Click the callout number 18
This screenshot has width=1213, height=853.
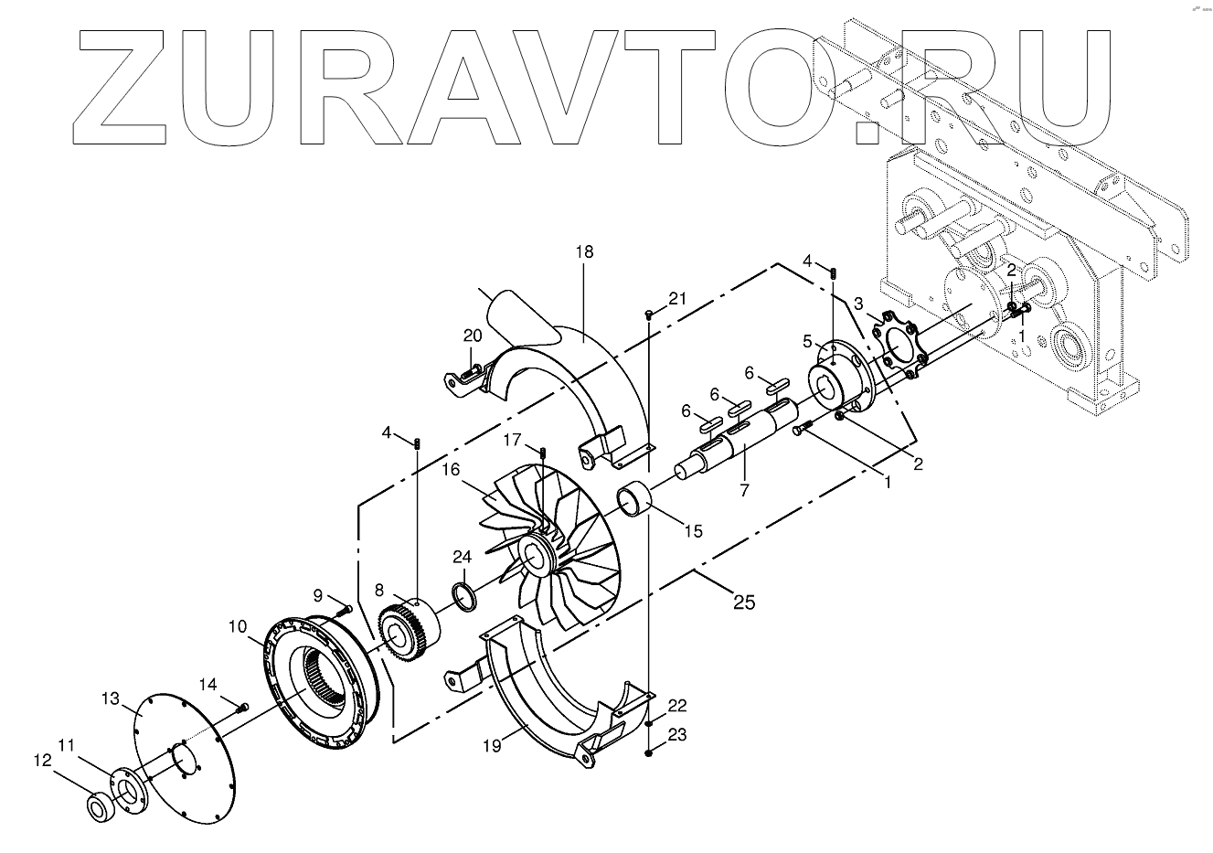click(x=584, y=252)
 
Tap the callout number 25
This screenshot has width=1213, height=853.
click(x=745, y=602)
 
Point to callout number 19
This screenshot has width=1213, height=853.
click(x=493, y=747)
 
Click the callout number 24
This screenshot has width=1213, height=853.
click(x=463, y=556)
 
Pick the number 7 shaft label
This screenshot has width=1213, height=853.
click(x=744, y=490)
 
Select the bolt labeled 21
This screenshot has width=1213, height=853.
click(x=648, y=315)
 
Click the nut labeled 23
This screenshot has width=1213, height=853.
click(x=648, y=752)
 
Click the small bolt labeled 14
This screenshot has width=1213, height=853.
click(x=242, y=706)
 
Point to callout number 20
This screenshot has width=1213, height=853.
click(x=471, y=336)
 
